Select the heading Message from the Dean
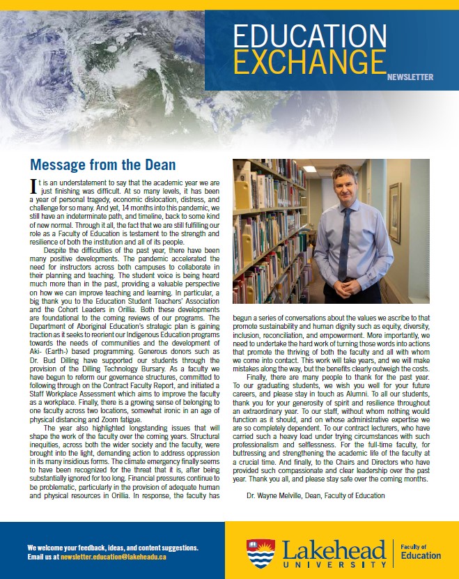(102, 165)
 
